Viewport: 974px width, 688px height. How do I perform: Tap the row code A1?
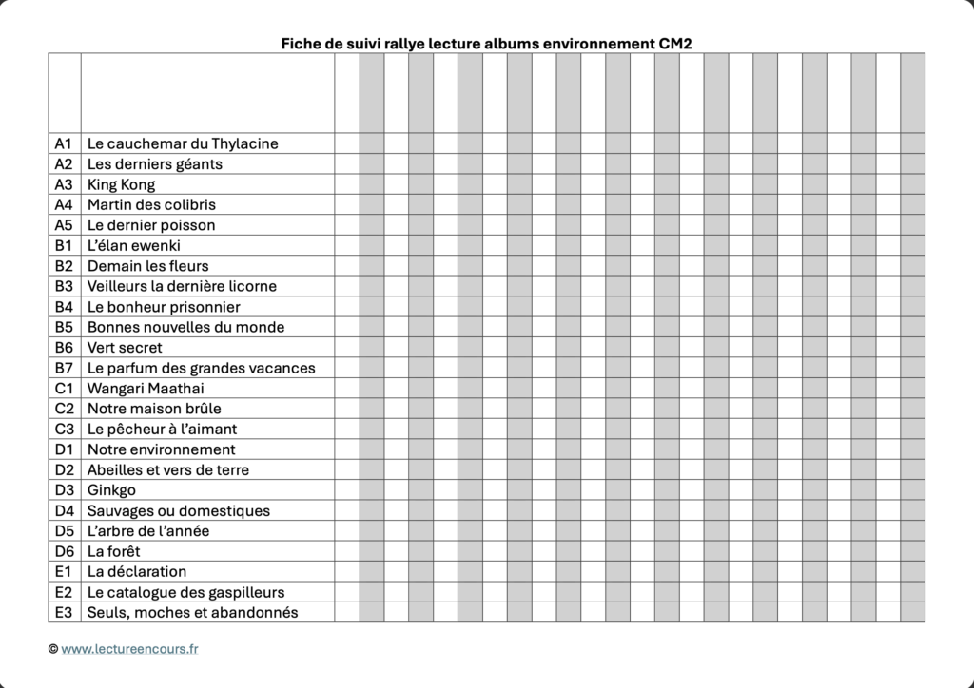(x=64, y=143)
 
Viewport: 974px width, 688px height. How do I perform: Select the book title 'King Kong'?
(x=121, y=184)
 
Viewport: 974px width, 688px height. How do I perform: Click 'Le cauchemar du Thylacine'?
(x=183, y=143)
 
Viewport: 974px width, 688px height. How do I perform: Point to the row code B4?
(x=64, y=307)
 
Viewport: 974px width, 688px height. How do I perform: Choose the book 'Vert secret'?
(x=125, y=348)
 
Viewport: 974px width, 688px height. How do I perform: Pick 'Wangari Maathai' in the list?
(x=146, y=389)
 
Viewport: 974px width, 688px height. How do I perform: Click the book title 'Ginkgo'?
(x=111, y=490)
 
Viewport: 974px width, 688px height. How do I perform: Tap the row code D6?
(x=64, y=551)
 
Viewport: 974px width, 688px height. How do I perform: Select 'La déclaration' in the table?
(x=137, y=571)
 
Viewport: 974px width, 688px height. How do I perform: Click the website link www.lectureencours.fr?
(x=130, y=649)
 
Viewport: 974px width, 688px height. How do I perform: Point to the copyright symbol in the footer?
(x=53, y=649)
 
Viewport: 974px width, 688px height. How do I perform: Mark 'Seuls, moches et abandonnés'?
(x=192, y=612)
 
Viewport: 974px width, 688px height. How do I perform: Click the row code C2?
(x=64, y=409)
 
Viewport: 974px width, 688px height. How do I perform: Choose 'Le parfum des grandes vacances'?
(x=201, y=368)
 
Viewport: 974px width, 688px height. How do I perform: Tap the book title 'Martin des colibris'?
(x=151, y=204)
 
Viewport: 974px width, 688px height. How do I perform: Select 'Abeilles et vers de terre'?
(x=168, y=469)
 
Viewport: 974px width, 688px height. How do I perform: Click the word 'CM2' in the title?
(x=681, y=43)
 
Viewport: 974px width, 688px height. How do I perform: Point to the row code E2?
(x=64, y=592)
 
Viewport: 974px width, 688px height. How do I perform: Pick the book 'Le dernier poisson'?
(x=151, y=225)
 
